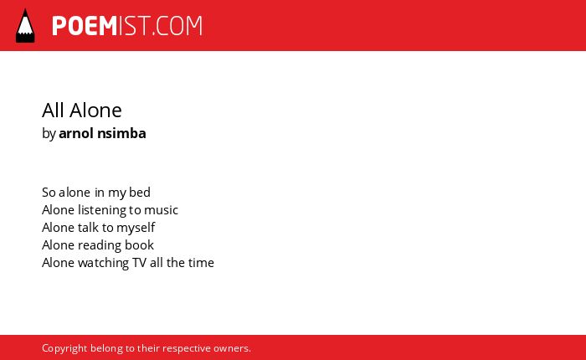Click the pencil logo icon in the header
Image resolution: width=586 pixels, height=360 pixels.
coord(25,26)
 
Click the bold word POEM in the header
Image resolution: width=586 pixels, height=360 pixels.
coord(85,26)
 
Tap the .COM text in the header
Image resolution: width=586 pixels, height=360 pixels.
coord(177,26)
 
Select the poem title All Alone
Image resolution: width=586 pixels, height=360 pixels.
coord(82,111)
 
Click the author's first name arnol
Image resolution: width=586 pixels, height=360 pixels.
coord(76,133)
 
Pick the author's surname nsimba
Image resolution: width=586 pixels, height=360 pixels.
coord(121,133)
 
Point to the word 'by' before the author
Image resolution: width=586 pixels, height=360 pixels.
coord(49,134)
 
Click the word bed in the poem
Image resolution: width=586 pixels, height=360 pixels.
coord(140,193)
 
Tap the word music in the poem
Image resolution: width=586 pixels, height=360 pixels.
coord(161,209)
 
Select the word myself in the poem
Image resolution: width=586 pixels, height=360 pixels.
coord(136,228)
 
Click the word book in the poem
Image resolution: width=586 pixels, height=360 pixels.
coord(139,244)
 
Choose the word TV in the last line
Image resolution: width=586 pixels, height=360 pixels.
coord(139,262)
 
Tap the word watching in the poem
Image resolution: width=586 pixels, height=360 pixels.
coord(104,263)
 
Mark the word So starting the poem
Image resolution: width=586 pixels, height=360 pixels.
coord(49,193)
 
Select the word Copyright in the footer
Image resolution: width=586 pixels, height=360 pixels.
coord(64,348)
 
